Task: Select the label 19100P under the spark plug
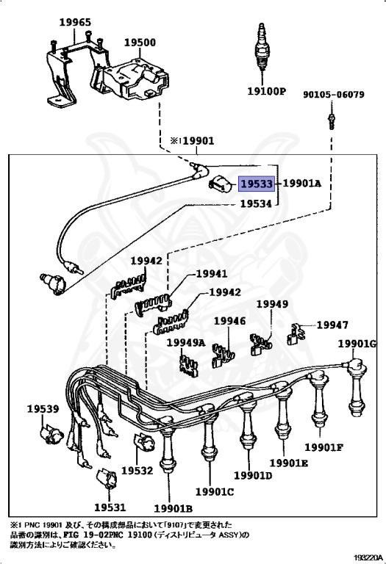pyautogui.click(x=266, y=93)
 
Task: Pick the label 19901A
pyautogui.click(x=302, y=184)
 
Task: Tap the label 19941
pyautogui.click(x=211, y=274)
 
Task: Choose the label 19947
pyautogui.click(x=332, y=325)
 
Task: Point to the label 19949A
pyautogui.click(x=185, y=342)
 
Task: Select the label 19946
pyautogui.click(x=229, y=321)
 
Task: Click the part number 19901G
pyautogui.click(x=357, y=344)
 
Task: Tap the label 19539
pyautogui.click(x=43, y=408)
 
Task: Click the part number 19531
pyautogui.click(x=110, y=506)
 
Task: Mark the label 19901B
pyautogui.click(x=173, y=507)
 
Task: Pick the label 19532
pyautogui.click(x=137, y=470)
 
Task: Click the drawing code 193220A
pyautogui.click(x=365, y=557)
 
